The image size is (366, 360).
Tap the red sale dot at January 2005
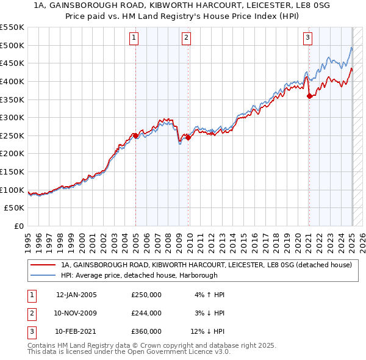135,135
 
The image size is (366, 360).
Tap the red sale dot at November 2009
188,138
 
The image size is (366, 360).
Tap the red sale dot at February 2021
309,96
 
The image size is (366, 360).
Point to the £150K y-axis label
13,172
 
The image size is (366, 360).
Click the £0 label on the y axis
18,226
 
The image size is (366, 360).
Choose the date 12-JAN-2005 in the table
76,295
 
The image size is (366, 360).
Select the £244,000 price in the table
146,313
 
